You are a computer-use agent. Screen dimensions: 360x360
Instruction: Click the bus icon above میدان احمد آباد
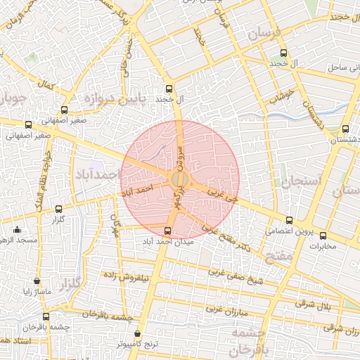point(167,231)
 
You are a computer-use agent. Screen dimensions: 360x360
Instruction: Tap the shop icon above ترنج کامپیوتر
point(136,333)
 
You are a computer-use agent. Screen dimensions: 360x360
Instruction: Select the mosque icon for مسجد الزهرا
point(17,230)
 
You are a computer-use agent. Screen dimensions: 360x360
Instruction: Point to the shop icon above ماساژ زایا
point(36,281)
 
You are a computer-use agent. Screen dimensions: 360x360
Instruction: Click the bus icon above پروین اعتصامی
point(289,220)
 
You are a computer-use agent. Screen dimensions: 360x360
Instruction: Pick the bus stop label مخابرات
point(323,246)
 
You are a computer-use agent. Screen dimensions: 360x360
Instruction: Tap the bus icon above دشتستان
point(345,129)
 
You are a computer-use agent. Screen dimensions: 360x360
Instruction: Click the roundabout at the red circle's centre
point(180,179)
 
